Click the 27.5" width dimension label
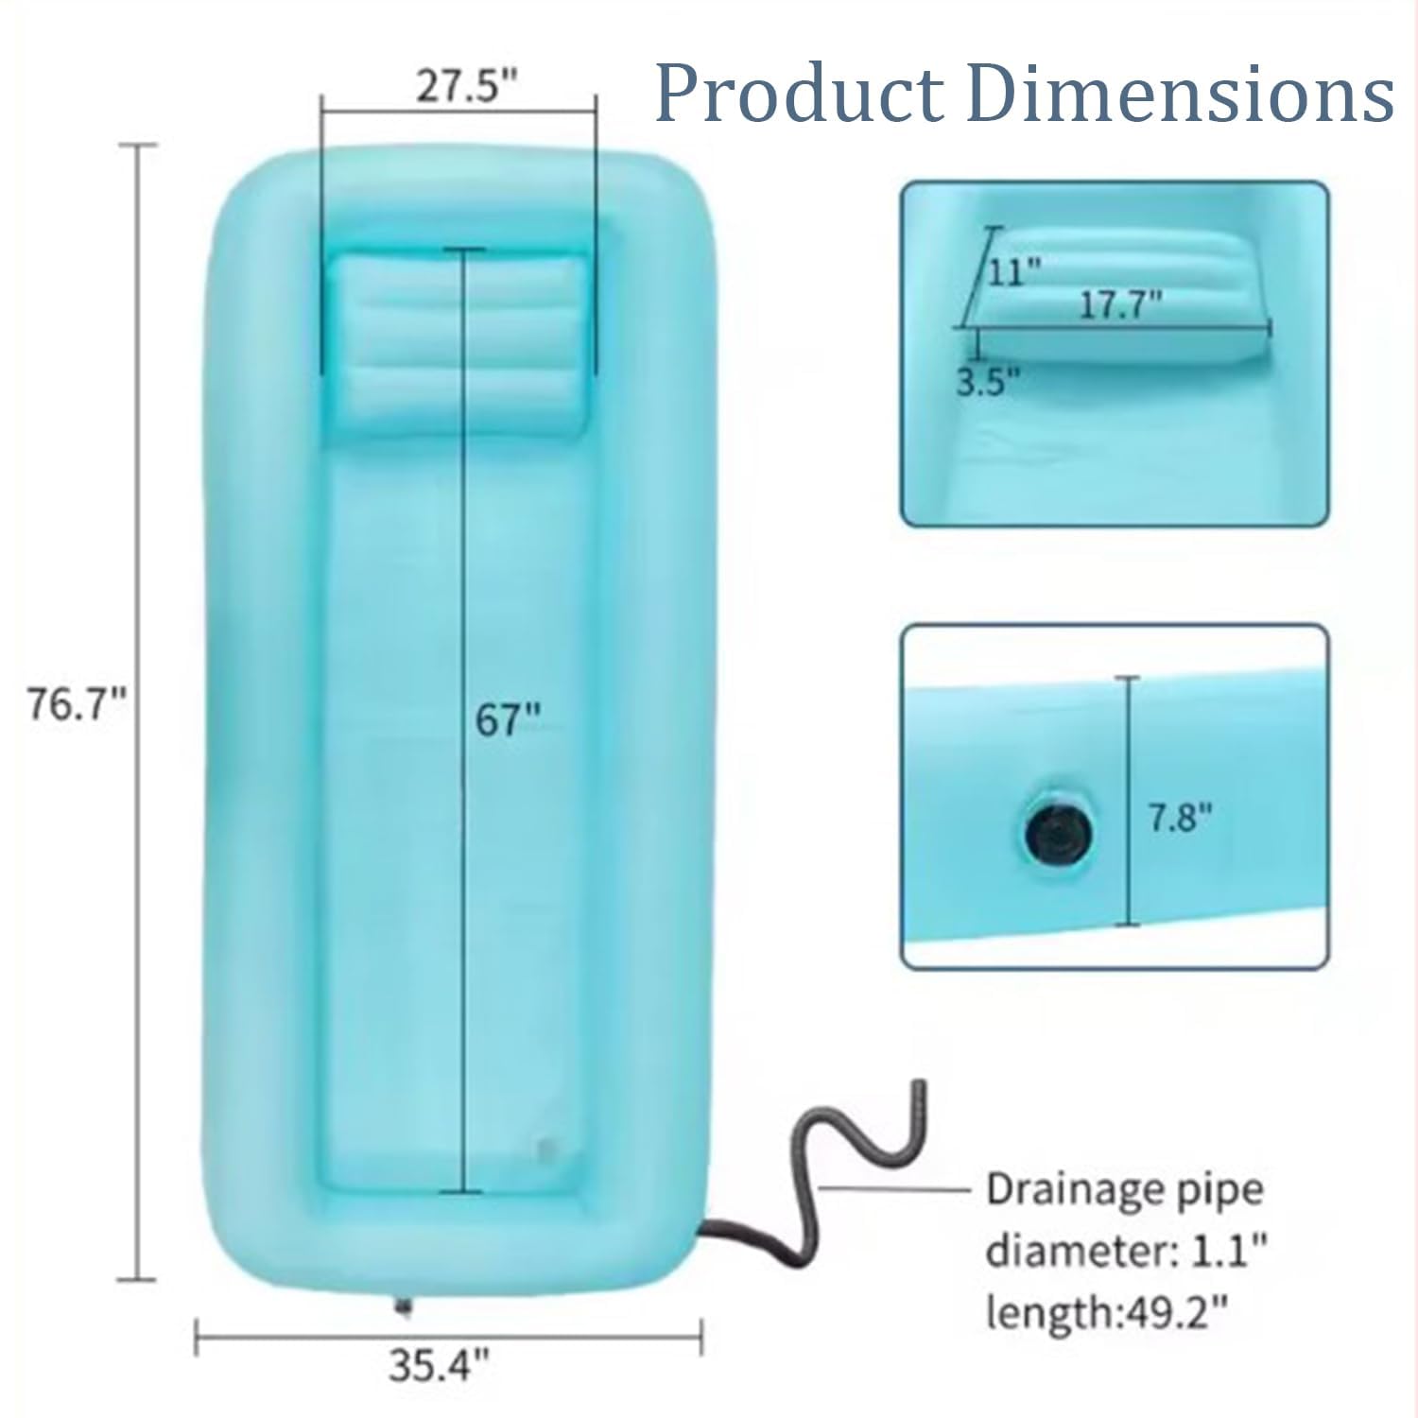468,87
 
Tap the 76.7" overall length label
77,704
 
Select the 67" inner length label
508,720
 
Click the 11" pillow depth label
1014,272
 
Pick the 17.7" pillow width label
1119,304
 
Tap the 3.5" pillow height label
988,383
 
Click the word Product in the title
800,93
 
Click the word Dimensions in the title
1182,93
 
